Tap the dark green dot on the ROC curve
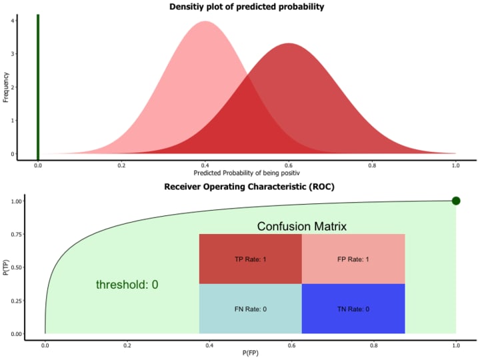(x=456, y=201)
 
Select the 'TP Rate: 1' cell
(x=250, y=259)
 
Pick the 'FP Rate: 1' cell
(x=353, y=259)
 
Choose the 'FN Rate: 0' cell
(x=250, y=309)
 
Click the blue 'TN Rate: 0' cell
(x=353, y=309)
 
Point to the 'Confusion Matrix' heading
(x=301, y=227)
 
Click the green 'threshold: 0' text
(x=127, y=285)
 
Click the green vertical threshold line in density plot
(x=38, y=80)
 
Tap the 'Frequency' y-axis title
(x=6, y=87)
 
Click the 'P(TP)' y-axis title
(x=6, y=267)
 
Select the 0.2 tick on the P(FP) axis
(x=127, y=345)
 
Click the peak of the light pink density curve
(x=205, y=22)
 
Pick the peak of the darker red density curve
(x=288, y=44)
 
